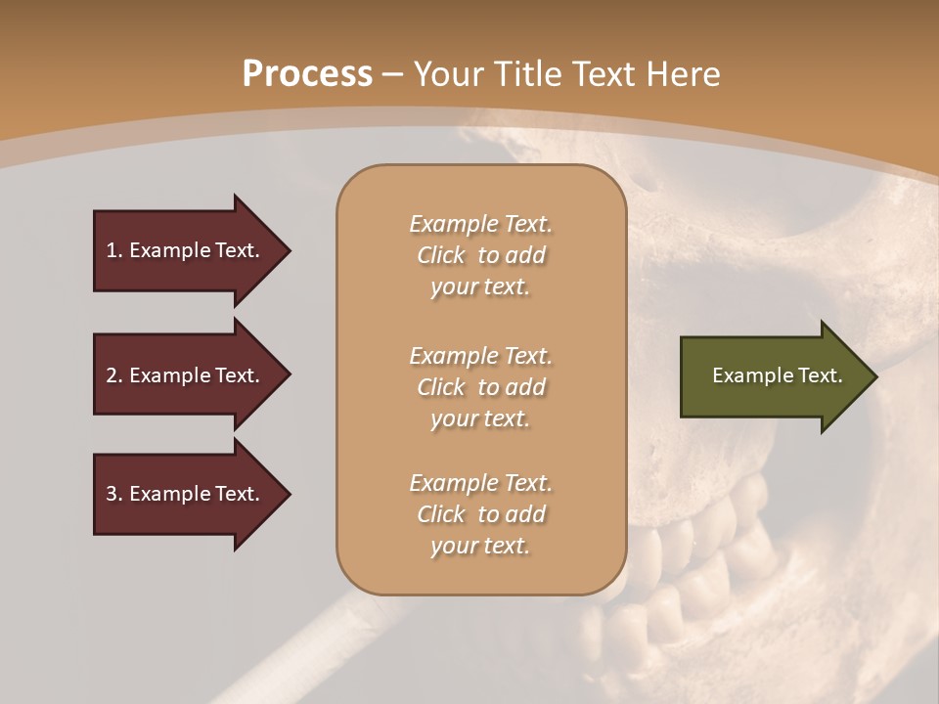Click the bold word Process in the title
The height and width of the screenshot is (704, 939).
coord(307,74)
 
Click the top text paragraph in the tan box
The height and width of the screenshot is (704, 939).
coord(480,255)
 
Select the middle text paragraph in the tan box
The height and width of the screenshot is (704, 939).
coord(480,387)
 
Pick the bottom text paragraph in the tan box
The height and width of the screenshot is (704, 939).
coord(480,514)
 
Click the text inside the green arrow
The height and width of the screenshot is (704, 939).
coord(777,375)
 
